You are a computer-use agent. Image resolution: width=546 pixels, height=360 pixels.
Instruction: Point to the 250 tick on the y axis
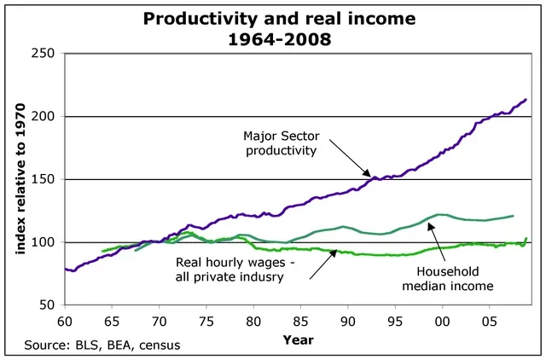click(44, 54)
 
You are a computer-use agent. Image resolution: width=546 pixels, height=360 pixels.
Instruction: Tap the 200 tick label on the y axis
click(44, 117)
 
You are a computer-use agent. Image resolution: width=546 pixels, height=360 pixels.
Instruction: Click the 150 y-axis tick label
click(44, 180)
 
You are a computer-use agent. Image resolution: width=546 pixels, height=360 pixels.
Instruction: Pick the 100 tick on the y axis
click(44, 243)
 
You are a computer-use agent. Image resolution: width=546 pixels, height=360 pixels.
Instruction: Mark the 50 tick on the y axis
click(48, 305)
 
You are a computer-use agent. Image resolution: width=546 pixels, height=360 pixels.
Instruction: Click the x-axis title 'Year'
click(299, 340)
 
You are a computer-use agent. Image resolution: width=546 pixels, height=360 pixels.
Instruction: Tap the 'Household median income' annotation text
click(460, 278)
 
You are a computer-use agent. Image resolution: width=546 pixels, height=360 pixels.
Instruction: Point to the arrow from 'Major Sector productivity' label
click(351, 162)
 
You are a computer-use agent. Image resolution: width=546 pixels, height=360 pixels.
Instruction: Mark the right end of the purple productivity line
click(526, 100)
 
